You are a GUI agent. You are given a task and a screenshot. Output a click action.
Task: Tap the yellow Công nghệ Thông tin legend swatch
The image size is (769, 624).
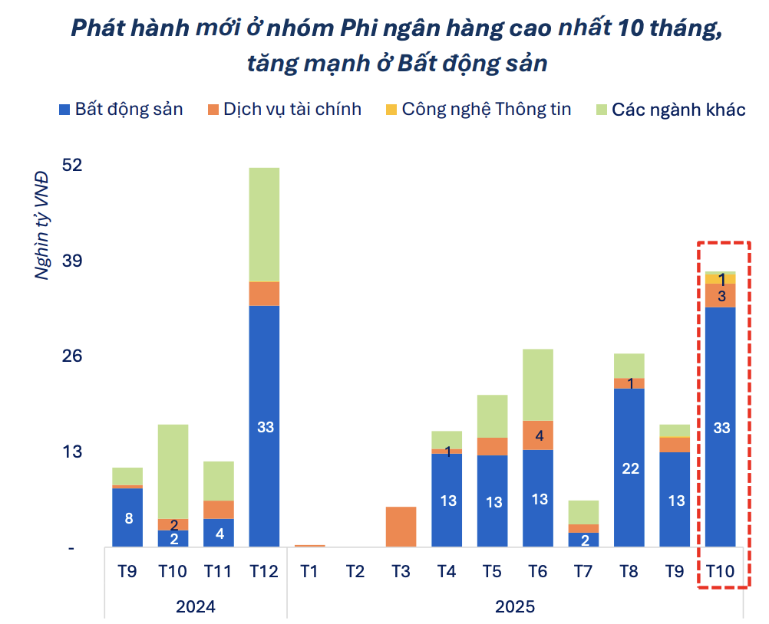tap(391, 110)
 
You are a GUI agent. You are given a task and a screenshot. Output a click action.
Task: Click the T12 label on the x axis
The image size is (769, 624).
tap(265, 571)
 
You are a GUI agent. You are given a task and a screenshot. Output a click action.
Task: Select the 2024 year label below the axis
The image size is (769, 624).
tap(196, 606)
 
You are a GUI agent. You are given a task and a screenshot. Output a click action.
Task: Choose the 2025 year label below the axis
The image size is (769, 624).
tap(515, 606)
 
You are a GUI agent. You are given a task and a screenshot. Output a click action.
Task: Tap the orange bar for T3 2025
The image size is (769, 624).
tap(401, 527)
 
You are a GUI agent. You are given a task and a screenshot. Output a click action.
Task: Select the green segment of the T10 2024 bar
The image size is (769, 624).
tap(173, 471)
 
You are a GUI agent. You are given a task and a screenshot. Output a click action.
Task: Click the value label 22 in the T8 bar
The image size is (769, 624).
tap(630, 468)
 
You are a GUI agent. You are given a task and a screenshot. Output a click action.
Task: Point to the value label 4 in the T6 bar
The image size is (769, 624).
tap(540, 436)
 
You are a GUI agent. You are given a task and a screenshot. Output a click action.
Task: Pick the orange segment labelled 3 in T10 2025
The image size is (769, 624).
tap(721, 296)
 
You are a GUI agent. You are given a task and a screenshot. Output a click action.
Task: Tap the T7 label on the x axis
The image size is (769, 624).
tap(584, 571)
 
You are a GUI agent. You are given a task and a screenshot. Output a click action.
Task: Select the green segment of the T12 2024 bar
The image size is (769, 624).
tap(265, 224)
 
